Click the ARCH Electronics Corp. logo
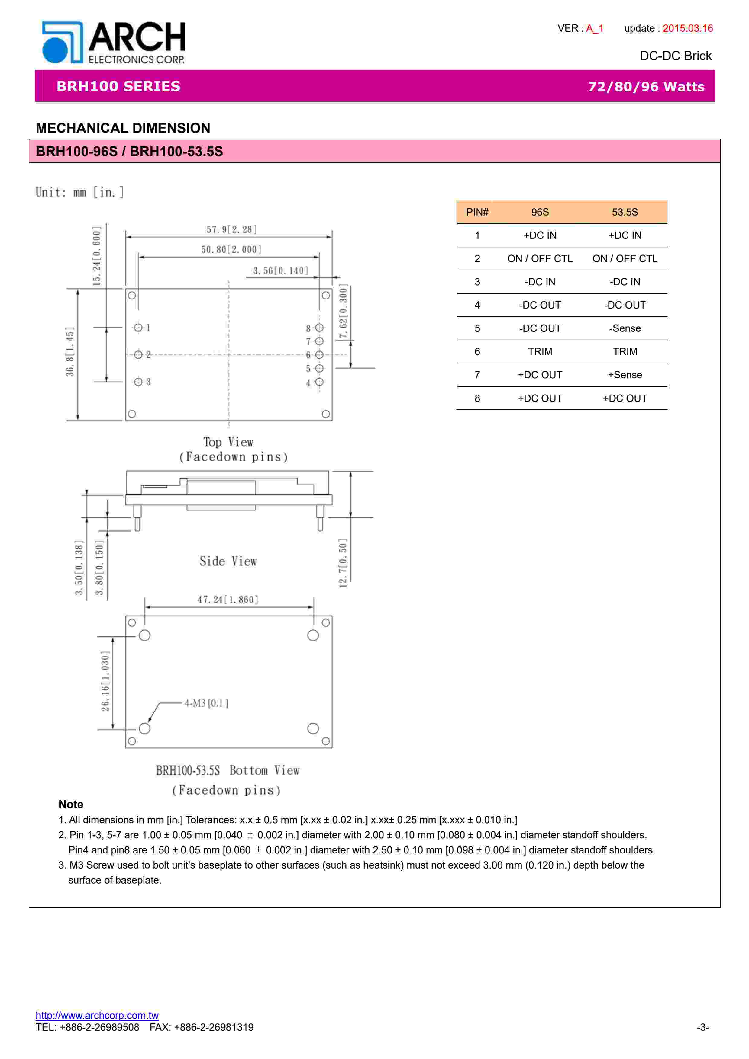click(x=114, y=43)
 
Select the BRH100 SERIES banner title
click(x=118, y=86)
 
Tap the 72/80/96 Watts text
click(x=646, y=87)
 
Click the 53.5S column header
click(x=625, y=212)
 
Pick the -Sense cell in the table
click(x=625, y=328)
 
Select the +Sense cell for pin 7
click(x=625, y=375)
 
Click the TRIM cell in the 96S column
click(x=540, y=351)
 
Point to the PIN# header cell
click(x=477, y=212)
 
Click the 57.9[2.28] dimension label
click(x=231, y=229)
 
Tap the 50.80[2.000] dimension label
click(x=231, y=250)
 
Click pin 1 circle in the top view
click(x=138, y=328)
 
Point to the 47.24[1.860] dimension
click(x=228, y=600)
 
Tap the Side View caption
click(x=228, y=561)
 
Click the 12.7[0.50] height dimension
click(x=342, y=563)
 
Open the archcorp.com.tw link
click(x=97, y=1015)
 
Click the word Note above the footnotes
click(x=71, y=805)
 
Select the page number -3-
click(x=702, y=1027)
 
